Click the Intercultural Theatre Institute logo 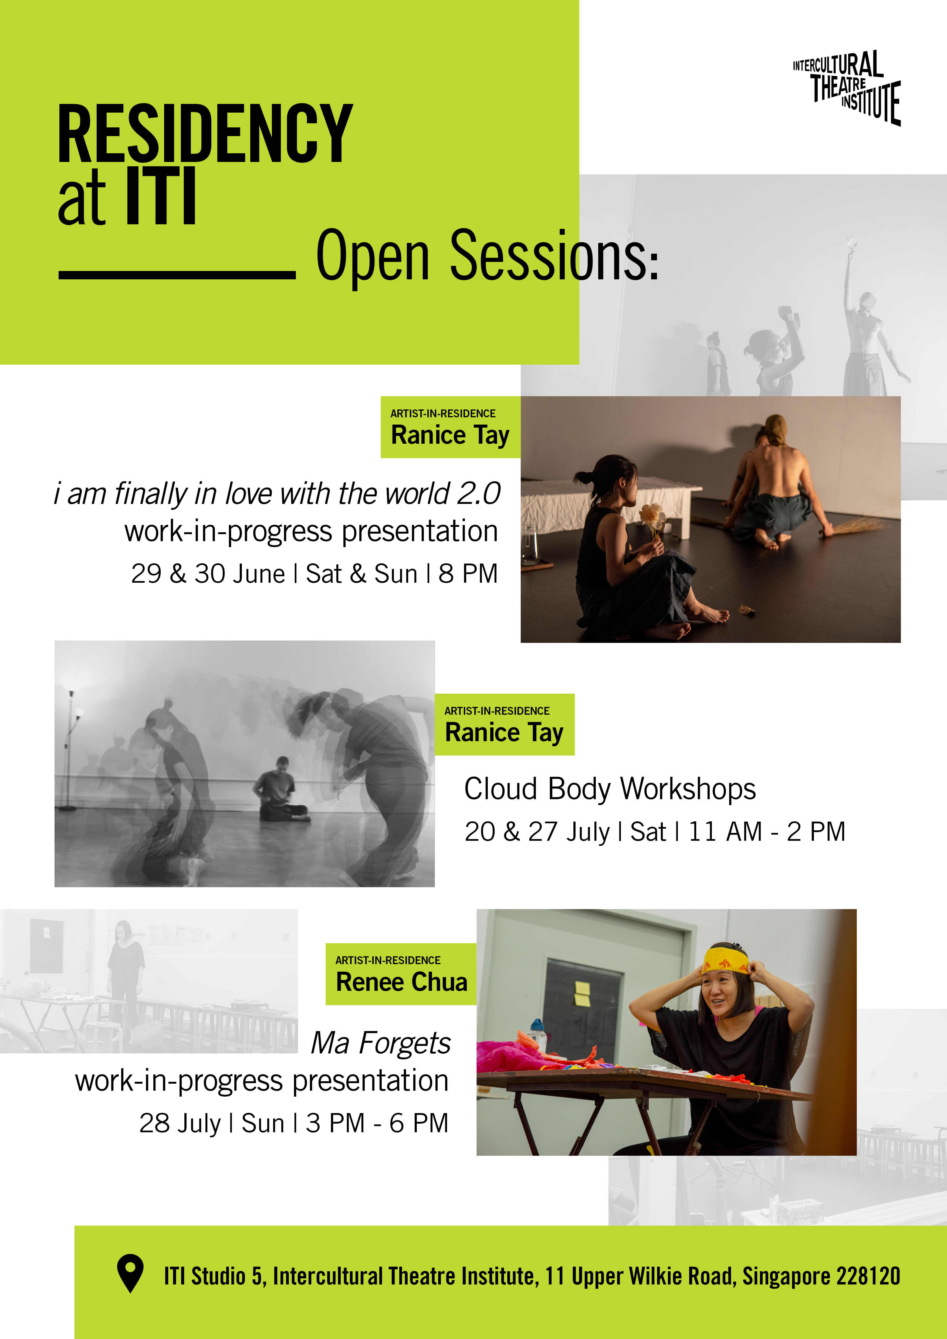click(x=847, y=87)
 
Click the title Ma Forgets click(x=381, y=1043)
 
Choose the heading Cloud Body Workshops click(x=610, y=789)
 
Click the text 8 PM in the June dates click(x=468, y=574)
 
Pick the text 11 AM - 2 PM click(x=767, y=832)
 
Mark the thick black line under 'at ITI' click(x=177, y=274)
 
